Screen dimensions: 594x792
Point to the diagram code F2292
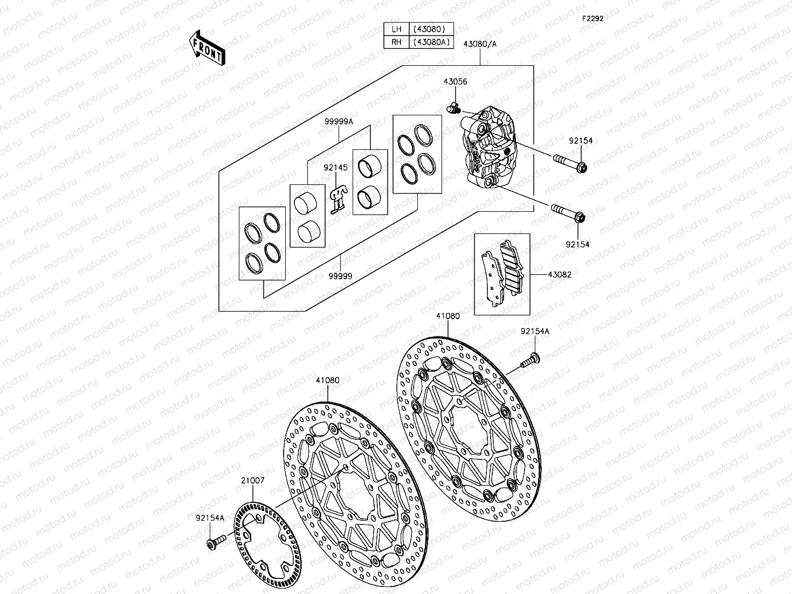coord(592,18)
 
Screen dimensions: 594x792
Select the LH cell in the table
coord(396,29)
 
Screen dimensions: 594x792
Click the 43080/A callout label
coord(480,44)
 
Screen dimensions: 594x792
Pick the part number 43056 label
coord(455,82)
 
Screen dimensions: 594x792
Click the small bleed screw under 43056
coord(452,108)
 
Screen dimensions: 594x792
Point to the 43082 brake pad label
coord(560,274)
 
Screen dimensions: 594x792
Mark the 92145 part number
coord(335,168)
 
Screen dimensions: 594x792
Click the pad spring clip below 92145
coord(337,199)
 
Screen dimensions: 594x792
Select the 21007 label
coord(252,480)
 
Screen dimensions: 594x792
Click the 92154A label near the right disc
coord(535,331)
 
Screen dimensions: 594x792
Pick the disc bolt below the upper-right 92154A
coord(531,360)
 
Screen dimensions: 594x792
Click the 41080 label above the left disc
coord(328,380)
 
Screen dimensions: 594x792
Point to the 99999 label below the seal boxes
coord(341,276)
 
